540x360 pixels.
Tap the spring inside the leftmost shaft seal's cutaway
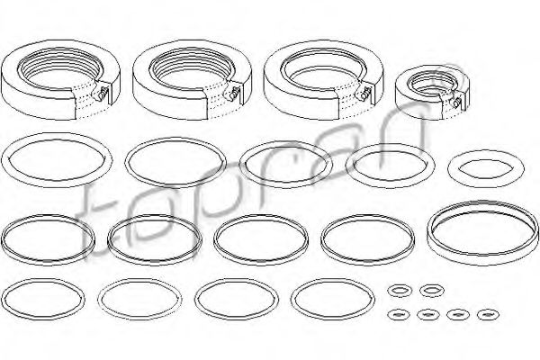point(101,94)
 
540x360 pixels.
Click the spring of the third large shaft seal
point(364,93)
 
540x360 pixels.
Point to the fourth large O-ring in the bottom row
point(293,299)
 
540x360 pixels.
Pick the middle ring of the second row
point(244,166)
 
